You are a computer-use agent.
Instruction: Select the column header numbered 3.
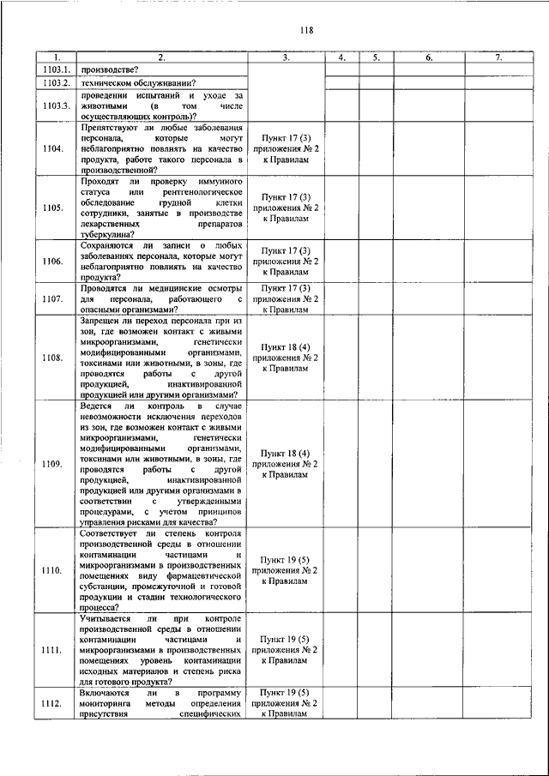(286, 57)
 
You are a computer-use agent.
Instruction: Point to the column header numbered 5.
(376, 57)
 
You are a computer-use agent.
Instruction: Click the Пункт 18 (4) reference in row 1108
(286, 346)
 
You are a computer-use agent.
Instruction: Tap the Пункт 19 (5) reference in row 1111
(286, 639)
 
